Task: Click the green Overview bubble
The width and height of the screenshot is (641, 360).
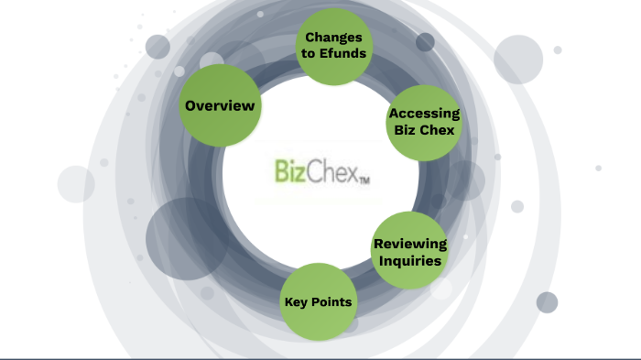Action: tap(220, 106)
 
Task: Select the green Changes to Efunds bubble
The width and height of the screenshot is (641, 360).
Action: tap(334, 46)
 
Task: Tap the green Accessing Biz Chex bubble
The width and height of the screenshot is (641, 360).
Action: tap(422, 122)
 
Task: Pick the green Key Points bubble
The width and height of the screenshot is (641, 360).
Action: tap(318, 301)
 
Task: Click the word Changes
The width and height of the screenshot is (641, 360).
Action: tap(334, 38)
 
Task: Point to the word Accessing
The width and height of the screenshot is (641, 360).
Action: tap(423, 114)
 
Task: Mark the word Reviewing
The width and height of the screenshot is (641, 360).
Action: tap(410, 244)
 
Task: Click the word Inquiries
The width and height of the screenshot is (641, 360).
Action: tap(410, 261)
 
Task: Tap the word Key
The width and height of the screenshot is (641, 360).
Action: tap(296, 301)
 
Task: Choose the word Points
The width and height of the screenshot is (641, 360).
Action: tap(331, 301)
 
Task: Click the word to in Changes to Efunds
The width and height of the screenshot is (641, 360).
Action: tap(312, 53)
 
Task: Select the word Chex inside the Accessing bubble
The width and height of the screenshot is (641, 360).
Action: tap(437, 130)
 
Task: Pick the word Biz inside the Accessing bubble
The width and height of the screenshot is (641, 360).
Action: tap(406, 130)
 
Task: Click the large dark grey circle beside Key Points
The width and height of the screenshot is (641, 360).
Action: tap(187, 240)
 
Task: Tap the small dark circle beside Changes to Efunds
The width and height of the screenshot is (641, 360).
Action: tap(425, 42)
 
